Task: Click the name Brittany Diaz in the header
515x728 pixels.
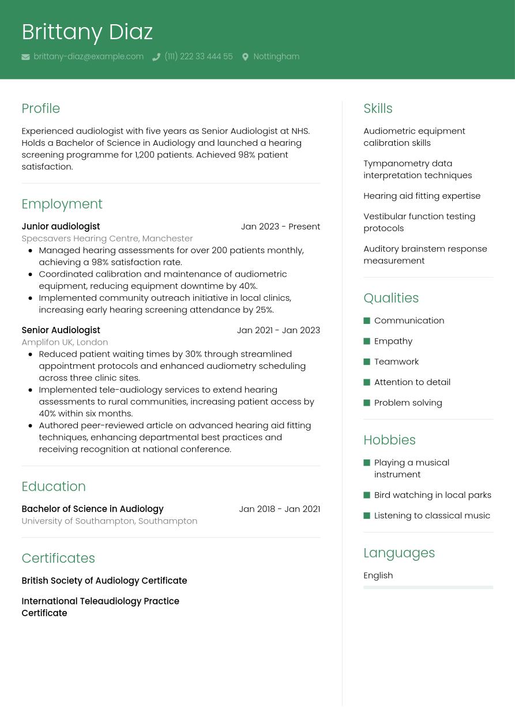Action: click(87, 32)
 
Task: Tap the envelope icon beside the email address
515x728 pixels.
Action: click(26, 57)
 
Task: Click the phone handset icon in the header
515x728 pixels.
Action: click(156, 57)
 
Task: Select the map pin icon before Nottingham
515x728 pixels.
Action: click(245, 57)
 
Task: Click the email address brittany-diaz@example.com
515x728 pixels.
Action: click(88, 56)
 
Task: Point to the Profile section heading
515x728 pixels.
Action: click(40, 108)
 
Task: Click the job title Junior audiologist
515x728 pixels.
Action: click(61, 227)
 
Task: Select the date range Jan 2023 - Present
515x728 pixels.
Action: click(280, 227)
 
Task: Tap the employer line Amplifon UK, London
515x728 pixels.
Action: click(65, 342)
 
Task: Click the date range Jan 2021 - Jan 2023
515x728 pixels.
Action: click(278, 330)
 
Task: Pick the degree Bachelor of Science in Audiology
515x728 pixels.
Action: click(92, 509)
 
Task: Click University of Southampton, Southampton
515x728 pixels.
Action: click(109, 520)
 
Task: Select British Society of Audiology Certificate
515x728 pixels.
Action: click(104, 580)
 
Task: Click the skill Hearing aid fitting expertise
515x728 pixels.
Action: click(422, 196)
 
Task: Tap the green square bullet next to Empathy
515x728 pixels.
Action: click(367, 341)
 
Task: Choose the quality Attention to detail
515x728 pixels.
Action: click(412, 382)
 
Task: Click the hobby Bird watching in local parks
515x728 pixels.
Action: click(433, 495)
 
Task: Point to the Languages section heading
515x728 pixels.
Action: click(399, 553)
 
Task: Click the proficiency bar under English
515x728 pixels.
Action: click(428, 587)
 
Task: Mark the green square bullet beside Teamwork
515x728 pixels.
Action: click(367, 362)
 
